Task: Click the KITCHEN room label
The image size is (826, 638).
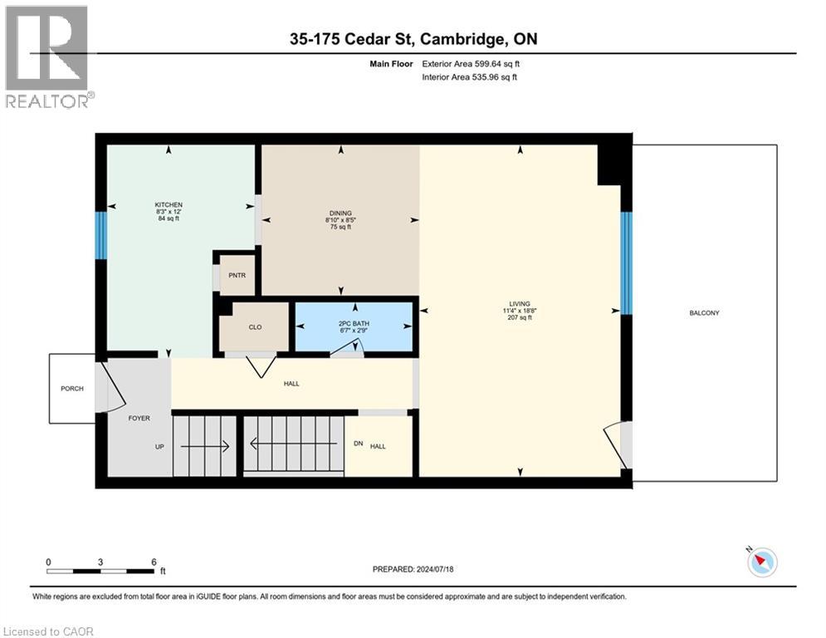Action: (169, 205)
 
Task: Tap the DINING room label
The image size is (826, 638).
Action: (340, 213)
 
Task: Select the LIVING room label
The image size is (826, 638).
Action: (521, 303)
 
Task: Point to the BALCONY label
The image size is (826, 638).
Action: (704, 313)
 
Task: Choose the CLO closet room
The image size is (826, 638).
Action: (255, 326)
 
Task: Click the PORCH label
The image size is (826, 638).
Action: (72, 388)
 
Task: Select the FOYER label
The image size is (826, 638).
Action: (139, 418)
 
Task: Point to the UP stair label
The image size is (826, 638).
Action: (159, 446)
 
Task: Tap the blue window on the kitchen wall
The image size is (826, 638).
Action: (100, 236)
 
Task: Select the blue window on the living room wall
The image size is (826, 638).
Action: (627, 263)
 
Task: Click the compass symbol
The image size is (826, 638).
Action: (761, 562)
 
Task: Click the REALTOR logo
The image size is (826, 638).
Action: (47, 56)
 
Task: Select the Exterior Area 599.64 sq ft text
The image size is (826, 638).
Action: (471, 63)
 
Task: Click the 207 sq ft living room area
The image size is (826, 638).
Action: (521, 318)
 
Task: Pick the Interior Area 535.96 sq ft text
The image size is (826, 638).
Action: (471, 77)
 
